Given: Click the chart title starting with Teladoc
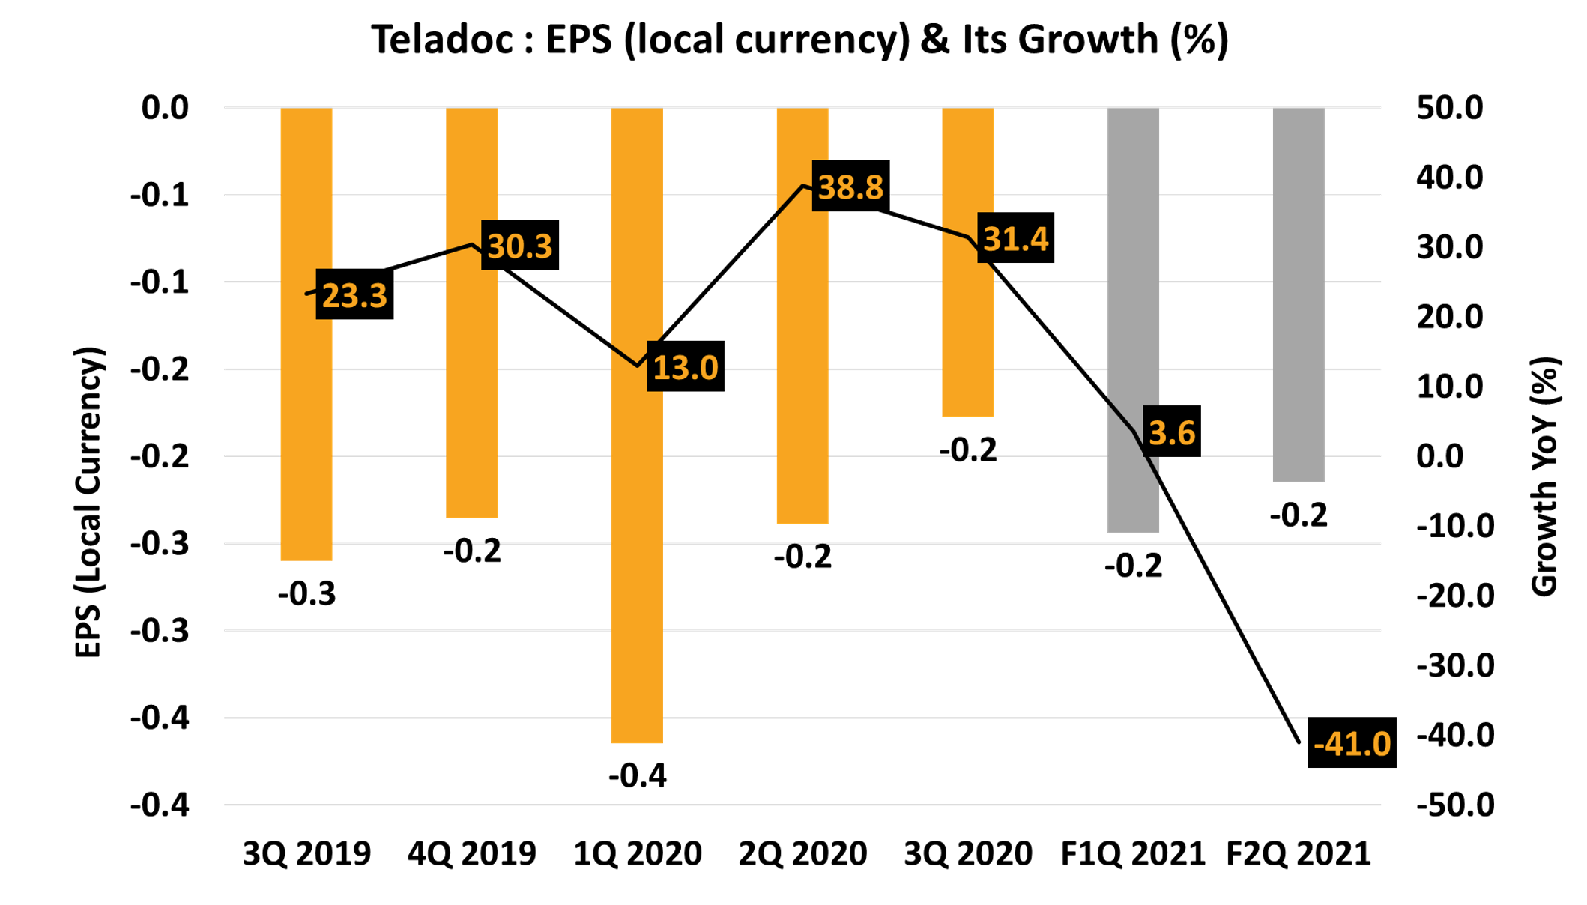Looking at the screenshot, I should click(x=799, y=39).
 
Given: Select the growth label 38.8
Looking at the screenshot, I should click(x=850, y=186).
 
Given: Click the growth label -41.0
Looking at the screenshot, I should click(x=1352, y=742).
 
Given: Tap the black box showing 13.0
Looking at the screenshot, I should click(x=685, y=366).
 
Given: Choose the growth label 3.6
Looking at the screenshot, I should click(x=1171, y=432).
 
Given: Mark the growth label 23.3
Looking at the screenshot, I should click(x=354, y=294).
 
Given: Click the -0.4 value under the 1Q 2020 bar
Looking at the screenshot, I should click(x=637, y=775).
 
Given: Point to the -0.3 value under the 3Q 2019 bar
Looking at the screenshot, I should click(x=306, y=593).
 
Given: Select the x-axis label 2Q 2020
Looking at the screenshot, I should click(x=802, y=853).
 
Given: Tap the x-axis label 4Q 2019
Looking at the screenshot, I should click(x=472, y=853).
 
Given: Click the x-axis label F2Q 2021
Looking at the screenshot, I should click(x=1299, y=853).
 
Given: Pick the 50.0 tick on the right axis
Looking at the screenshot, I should click(x=1449, y=108).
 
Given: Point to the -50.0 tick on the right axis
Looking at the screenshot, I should click(x=1454, y=805).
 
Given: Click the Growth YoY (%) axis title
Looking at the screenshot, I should click(x=1545, y=476).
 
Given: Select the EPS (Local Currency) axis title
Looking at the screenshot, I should click(x=88, y=502).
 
